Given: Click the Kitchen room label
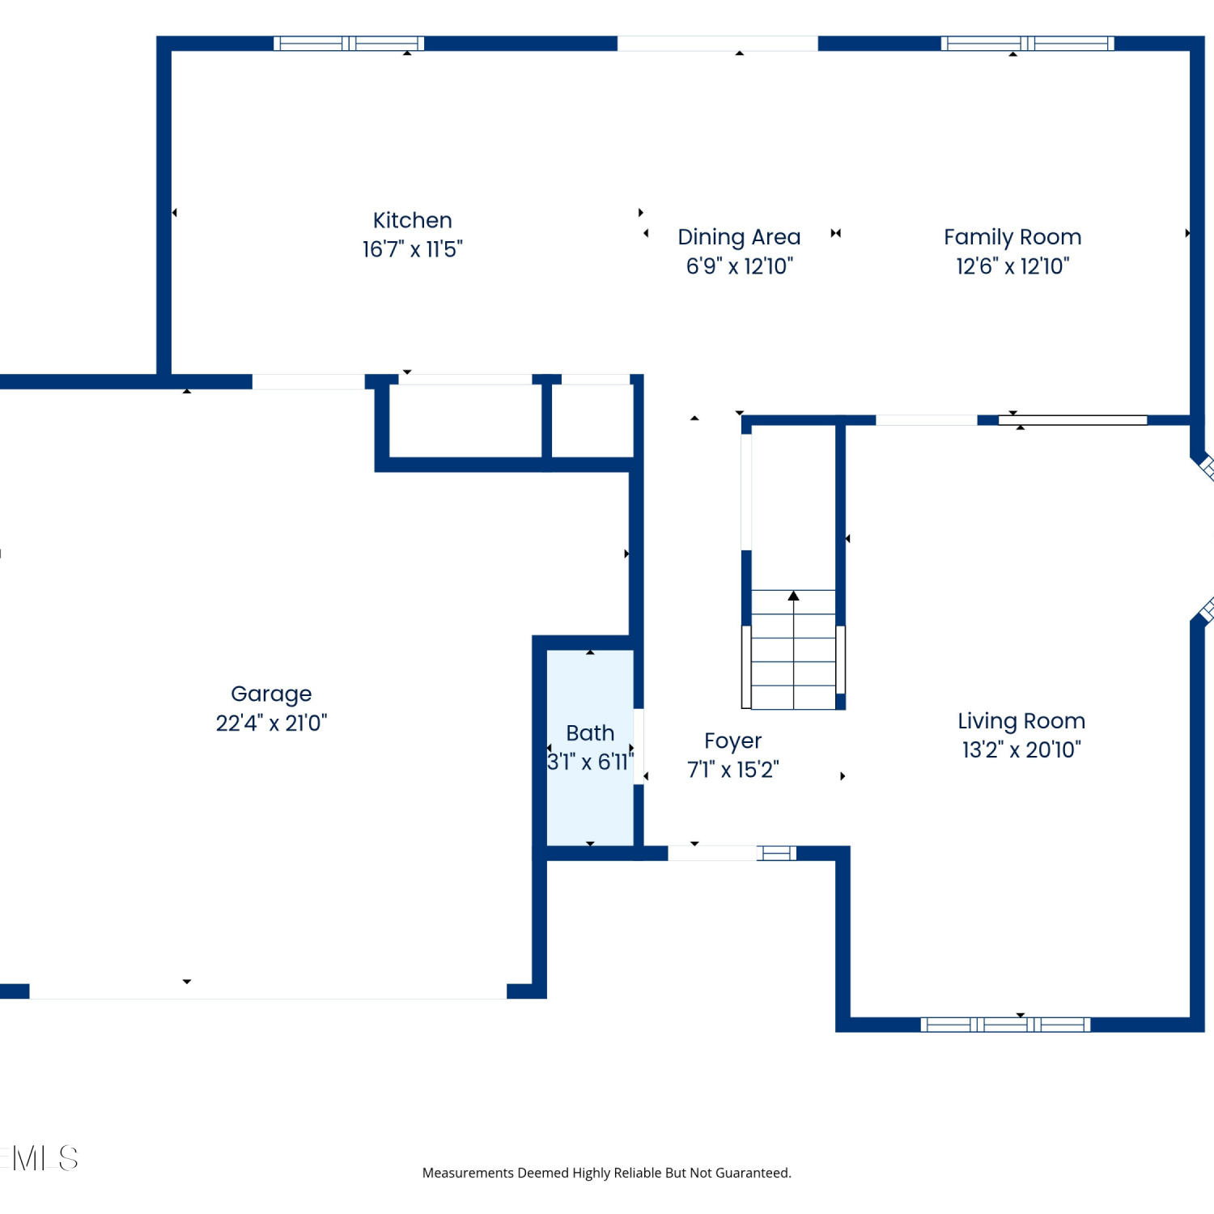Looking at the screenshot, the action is pyautogui.click(x=412, y=220).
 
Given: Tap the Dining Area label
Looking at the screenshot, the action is pyautogui.click(x=739, y=237).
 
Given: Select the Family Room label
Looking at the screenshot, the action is pyautogui.click(x=1012, y=237).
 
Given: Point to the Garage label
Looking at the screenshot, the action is pyautogui.click(x=271, y=694).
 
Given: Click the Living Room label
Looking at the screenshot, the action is pyautogui.click(x=1021, y=721).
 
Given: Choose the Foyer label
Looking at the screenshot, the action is pyautogui.click(x=732, y=741).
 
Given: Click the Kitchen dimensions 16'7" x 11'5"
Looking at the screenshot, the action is pyautogui.click(x=412, y=249).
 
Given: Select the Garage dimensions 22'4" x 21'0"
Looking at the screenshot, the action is pyautogui.click(x=271, y=723).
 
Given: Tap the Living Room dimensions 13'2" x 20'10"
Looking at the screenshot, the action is pyautogui.click(x=1021, y=750).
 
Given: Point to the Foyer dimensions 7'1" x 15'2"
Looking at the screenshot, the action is pyautogui.click(x=732, y=770).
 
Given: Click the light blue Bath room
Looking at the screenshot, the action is pyautogui.click(x=590, y=748).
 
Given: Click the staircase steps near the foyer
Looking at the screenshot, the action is pyautogui.click(x=793, y=650).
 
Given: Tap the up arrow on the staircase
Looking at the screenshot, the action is pyautogui.click(x=793, y=596).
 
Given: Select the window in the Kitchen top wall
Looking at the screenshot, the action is pyautogui.click(x=349, y=44).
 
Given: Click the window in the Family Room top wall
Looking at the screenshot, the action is pyautogui.click(x=1027, y=44).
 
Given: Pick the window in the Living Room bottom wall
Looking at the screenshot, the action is pyautogui.click(x=1005, y=1025).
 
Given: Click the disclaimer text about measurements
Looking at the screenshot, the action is pyautogui.click(x=607, y=1173).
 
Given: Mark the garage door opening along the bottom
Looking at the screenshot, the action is pyautogui.click(x=268, y=991).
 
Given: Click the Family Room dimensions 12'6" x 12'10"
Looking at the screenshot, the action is pyautogui.click(x=1012, y=266).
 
